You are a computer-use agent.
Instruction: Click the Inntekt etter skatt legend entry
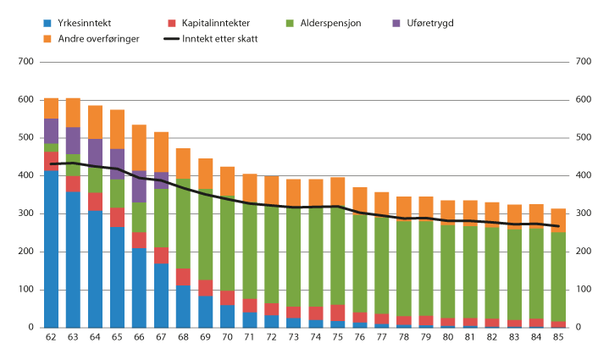pos(222,39)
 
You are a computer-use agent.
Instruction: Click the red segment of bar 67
pos(162,255)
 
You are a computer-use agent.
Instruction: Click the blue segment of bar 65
pos(118,276)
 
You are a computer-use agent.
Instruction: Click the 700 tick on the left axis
pos(25,62)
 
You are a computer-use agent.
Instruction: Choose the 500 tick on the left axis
pos(25,138)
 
